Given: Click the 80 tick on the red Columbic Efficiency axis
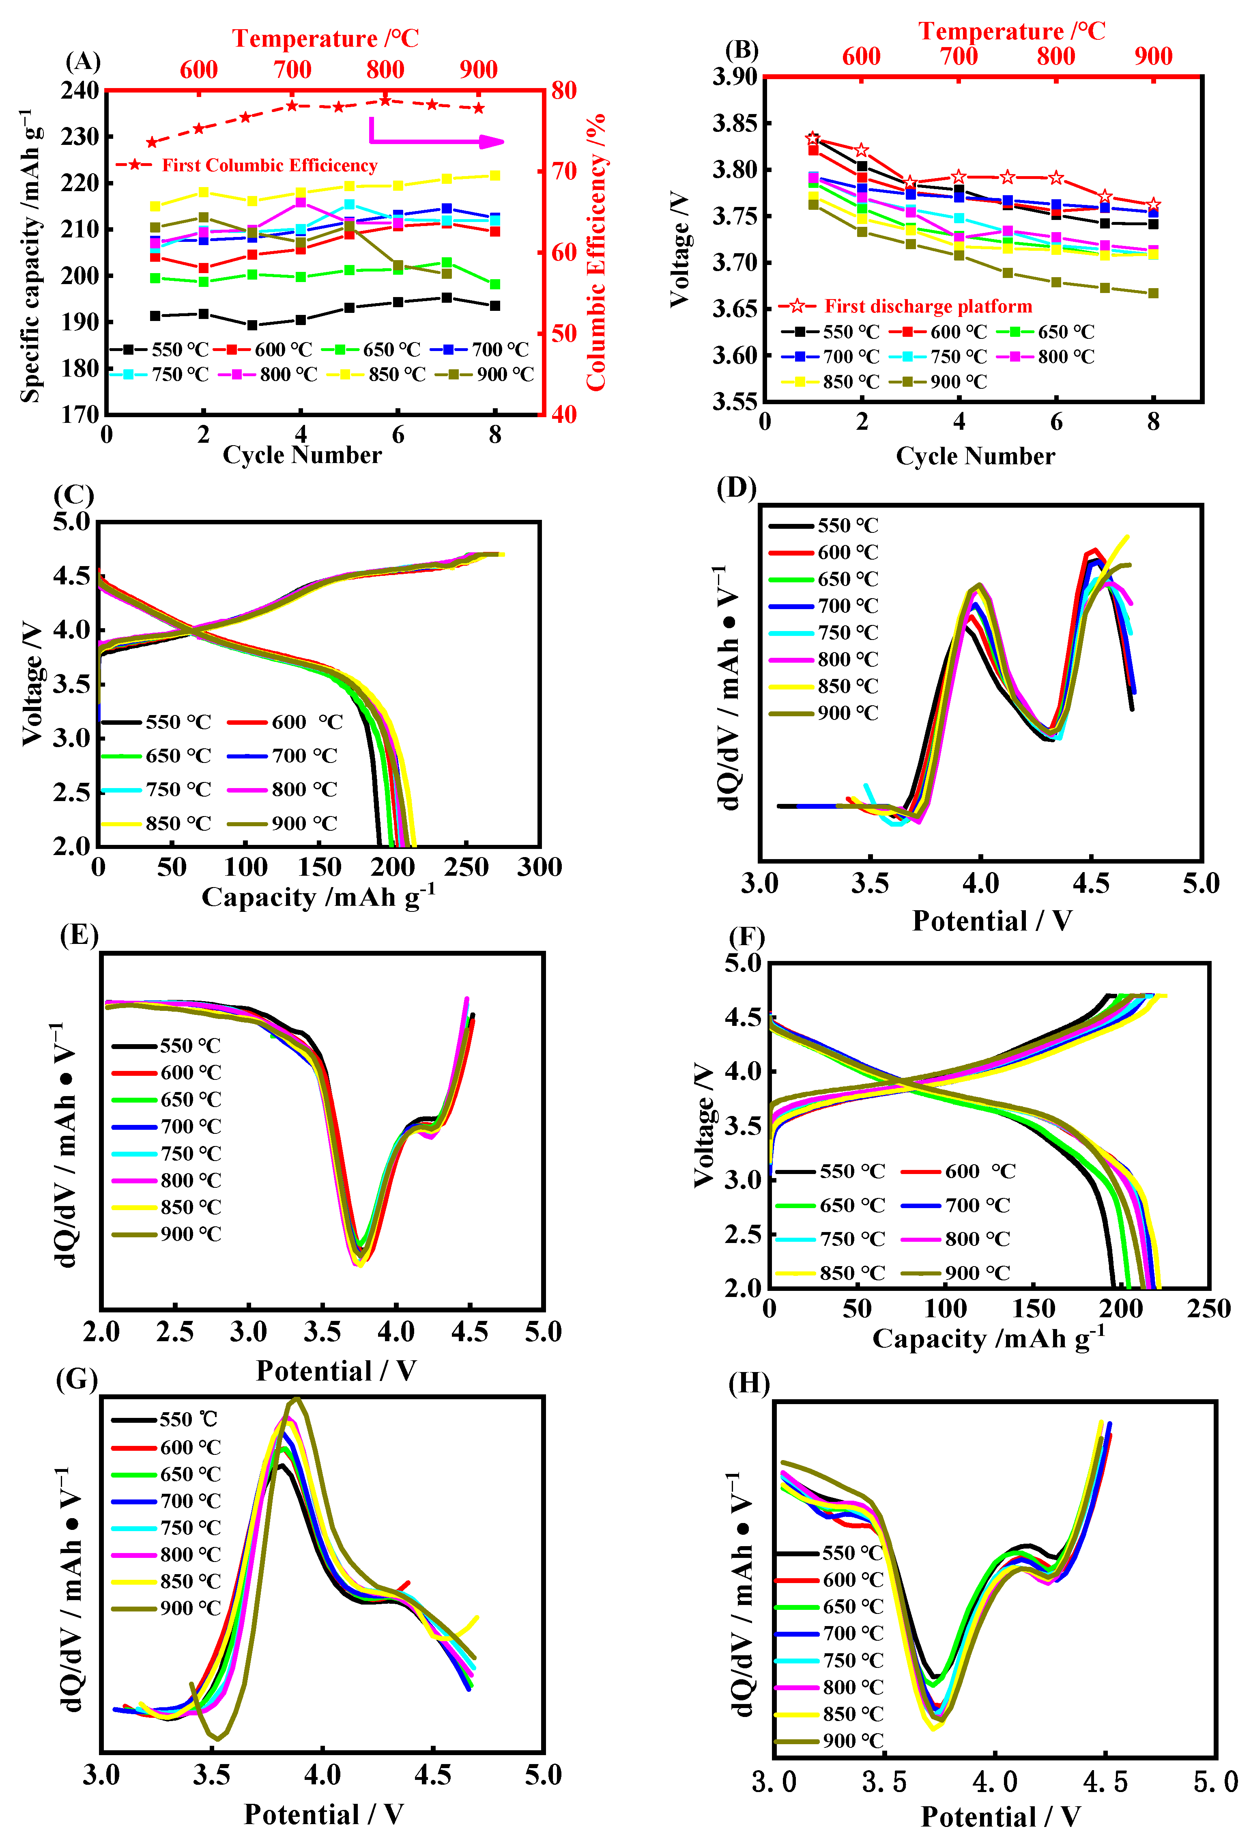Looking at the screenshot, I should pos(564,90).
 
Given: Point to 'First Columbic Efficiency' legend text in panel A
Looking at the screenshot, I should pos(270,165).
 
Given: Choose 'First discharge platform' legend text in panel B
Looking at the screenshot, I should pos(928,306).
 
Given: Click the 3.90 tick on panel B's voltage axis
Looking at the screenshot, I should pos(735,77).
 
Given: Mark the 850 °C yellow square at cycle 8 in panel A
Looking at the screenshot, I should pos(495,175).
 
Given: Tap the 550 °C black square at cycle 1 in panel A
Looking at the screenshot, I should pos(155,316).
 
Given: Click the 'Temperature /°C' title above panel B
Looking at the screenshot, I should pos(1011,31).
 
